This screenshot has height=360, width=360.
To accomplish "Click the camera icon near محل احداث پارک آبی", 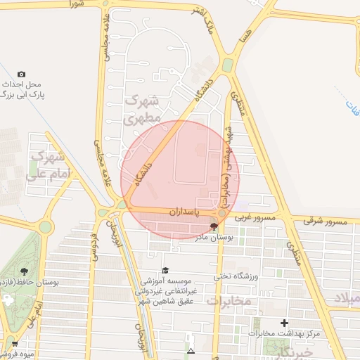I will coord(21,74).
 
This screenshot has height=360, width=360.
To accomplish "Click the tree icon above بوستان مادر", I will coord(214,226).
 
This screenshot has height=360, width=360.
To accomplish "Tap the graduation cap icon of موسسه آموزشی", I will coord(165,270).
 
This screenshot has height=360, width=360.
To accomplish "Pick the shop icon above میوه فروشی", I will coord(15,344).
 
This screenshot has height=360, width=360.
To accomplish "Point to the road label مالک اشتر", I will coord(211,25).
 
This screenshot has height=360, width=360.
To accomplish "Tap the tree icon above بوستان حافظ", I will coord(25,271).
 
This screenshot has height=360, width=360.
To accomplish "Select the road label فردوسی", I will coord(92,246).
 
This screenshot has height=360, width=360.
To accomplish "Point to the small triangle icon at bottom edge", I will coord(190,350).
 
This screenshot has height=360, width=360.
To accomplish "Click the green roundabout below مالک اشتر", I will coord(228,65).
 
